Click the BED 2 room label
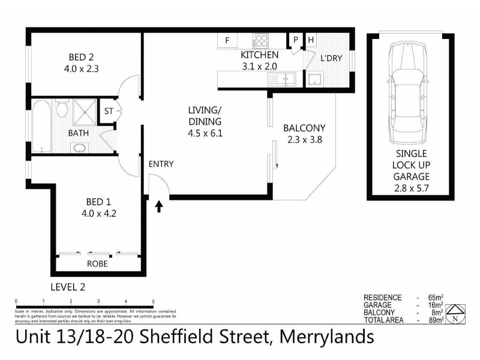tap(83, 57)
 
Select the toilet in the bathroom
tap(61, 109)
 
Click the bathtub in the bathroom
tap(42, 127)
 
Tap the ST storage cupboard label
tap(109, 111)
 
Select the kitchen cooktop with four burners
tap(262, 41)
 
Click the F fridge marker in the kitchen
tap(227, 41)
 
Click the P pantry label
tap(296, 41)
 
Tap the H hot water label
tap(311, 41)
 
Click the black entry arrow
tap(159, 207)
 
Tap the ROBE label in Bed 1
tap(97, 263)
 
